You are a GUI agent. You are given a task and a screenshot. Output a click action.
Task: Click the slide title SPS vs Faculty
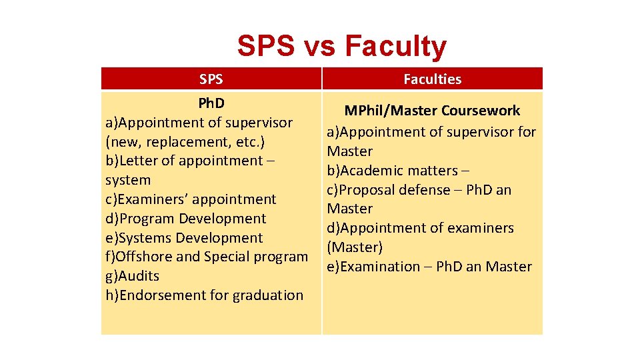[341, 47]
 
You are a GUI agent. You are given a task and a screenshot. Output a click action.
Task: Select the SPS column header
[211, 79]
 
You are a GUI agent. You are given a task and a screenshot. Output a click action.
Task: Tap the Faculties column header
[432, 79]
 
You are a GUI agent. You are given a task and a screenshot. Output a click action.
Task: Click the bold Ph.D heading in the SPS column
[211, 103]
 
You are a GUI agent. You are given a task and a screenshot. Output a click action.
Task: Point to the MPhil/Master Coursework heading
[432, 111]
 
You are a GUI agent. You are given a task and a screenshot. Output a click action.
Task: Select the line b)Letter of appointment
[191, 161]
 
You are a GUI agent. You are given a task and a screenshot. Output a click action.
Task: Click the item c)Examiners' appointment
[191, 199]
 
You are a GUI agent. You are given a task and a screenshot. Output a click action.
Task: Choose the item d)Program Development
[185, 219]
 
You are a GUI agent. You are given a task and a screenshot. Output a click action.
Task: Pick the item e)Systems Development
[184, 238]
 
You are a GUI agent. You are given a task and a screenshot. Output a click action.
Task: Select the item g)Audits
[132, 276]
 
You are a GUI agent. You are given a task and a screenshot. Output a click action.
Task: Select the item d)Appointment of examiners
[420, 228]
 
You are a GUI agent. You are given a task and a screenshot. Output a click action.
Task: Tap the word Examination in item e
[380, 267]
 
